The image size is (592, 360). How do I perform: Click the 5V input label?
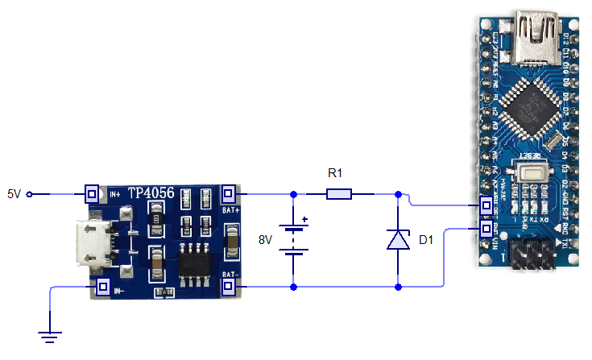tap(14, 194)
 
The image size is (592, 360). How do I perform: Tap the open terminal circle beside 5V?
tap(30, 194)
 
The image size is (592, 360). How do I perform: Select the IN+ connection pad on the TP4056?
tap(93, 194)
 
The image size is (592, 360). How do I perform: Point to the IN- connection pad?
tap(103, 286)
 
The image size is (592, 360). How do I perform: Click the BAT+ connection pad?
tap(229, 194)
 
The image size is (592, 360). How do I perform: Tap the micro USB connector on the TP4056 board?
tap(89, 242)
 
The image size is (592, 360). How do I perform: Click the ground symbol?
tap(49, 337)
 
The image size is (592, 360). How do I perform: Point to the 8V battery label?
tap(266, 240)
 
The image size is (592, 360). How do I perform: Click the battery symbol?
tap(294, 240)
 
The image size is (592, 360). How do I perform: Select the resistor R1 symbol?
tap(338, 194)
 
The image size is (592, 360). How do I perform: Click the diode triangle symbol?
tap(399, 240)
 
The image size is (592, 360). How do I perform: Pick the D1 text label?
tap(426, 240)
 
